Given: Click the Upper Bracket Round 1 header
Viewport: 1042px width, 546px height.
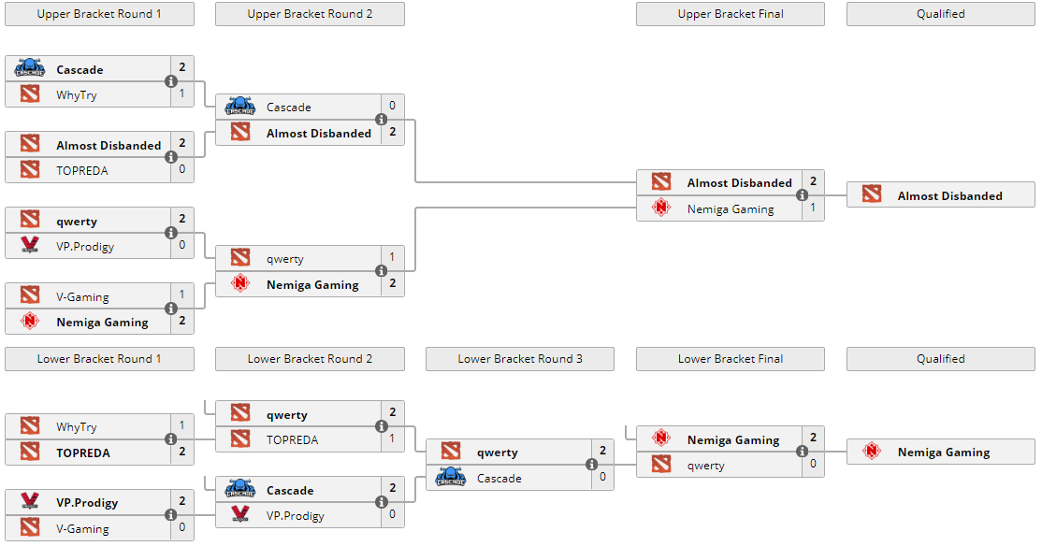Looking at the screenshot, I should [99, 14].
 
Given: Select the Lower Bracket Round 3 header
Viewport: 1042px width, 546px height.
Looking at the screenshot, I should [520, 359].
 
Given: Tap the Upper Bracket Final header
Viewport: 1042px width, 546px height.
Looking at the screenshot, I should [731, 14].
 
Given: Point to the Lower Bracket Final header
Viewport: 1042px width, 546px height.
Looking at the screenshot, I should [731, 359].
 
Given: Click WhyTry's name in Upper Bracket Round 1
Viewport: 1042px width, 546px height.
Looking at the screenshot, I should [76, 94].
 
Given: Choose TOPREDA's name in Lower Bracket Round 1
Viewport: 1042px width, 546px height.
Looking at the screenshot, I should [83, 453].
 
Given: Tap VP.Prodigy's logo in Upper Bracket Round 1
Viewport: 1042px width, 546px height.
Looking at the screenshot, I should [30, 247].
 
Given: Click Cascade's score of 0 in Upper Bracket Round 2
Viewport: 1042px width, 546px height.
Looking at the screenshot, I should [392, 107].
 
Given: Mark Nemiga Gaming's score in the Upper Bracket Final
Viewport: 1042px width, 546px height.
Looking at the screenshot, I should [813, 208].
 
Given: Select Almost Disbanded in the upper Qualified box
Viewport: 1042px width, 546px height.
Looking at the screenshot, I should [949, 196].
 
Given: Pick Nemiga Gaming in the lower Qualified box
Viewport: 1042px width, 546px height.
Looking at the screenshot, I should [943, 453].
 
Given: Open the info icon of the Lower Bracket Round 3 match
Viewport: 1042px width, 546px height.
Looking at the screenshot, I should [592, 465].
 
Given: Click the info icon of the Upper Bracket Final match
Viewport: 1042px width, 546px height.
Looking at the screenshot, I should [803, 195].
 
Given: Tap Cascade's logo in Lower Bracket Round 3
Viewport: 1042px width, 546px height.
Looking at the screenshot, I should [451, 478].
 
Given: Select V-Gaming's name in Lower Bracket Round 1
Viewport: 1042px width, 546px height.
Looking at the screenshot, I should [82, 528].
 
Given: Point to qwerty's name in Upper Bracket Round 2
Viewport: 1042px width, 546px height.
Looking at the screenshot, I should [285, 259].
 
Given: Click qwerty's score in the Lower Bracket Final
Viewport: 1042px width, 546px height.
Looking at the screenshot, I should [813, 465].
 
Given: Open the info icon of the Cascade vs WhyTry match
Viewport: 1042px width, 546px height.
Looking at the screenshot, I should [171, 81].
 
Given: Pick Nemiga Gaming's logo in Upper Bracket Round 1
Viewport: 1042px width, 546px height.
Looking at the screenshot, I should [30, 323].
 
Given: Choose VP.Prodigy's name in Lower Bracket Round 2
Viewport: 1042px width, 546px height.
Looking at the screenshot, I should [295, 515].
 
